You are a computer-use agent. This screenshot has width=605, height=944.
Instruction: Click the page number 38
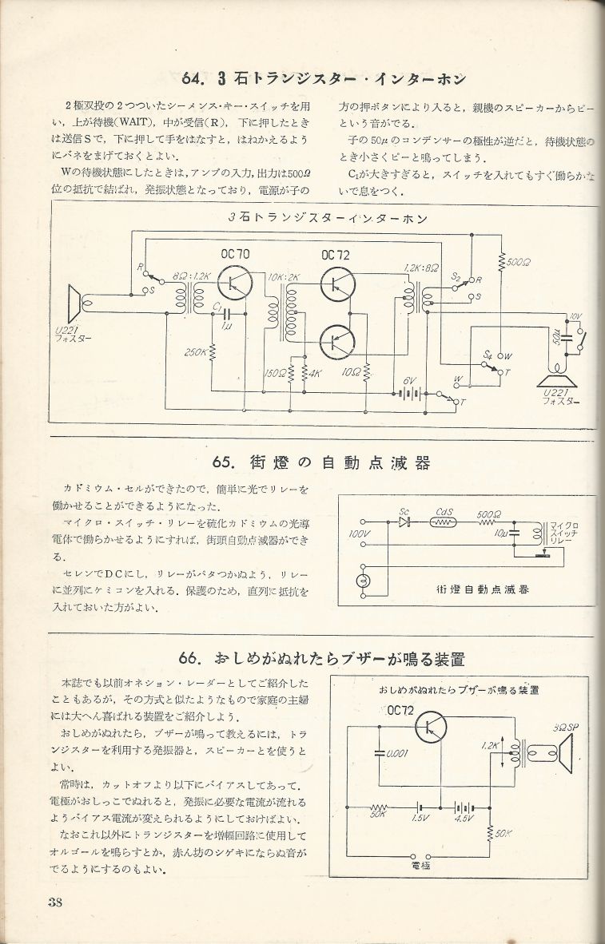(x=55, y=903)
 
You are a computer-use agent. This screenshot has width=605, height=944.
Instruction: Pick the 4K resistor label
(x=314, y=373)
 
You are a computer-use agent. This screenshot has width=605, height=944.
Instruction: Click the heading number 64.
(x=195, y=78)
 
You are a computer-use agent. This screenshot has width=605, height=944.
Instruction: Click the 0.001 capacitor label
(x=397, y=752)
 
